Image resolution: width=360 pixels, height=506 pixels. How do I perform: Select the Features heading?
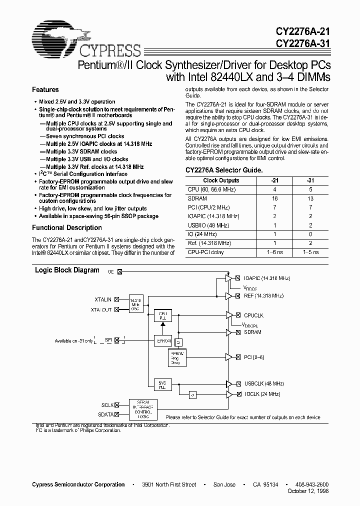pos(45,90)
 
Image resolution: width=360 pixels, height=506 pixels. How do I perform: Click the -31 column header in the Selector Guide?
pos(311,180)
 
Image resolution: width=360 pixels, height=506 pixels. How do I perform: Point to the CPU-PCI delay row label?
pos(206,252)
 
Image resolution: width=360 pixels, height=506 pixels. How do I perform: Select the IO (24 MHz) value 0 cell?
pos(311,234)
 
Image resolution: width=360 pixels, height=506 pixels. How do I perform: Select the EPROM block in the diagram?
pos(164,341)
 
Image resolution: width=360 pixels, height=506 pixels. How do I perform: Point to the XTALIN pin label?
pos(103,299)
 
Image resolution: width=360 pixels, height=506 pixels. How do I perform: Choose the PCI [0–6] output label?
pos(254,357)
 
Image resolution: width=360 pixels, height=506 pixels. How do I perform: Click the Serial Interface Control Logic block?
pos(143,409)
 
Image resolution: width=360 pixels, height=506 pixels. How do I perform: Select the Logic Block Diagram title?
pos(67,270)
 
